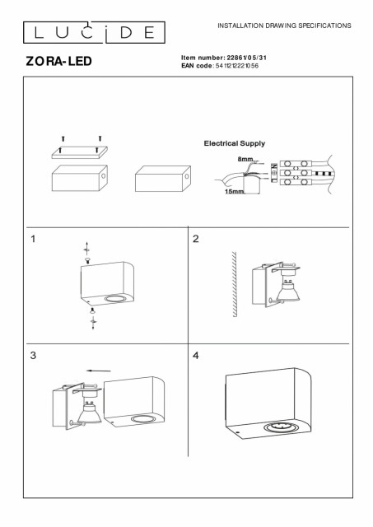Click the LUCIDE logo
(94, 32)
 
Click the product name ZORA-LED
(58, 61)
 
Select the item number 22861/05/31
(247, 58)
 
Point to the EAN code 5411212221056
(237, 66)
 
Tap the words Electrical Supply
(234, 143)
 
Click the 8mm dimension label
(245, 159)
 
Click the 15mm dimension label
(234, 192)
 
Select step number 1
(33, 239)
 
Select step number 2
(196, 239)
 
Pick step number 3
(33, 355)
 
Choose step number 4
(196, 355)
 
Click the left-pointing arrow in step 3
(99, 371)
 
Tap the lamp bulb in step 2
(287, 291)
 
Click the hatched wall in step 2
(234, 284)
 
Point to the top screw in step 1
(88, 260)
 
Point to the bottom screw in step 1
(92, 311)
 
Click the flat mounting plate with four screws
(80, 152)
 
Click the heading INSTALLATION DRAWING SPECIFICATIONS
(284, 26)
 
